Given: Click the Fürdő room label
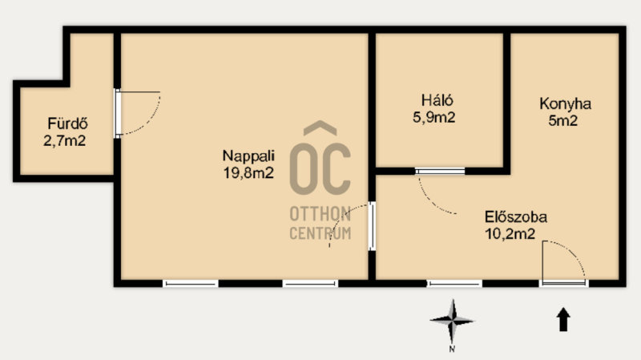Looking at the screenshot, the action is coord(67,123).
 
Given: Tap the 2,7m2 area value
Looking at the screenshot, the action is coord(65,141).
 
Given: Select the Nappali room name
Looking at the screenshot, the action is coord(248,156).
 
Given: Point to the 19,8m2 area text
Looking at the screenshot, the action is coord(248,173).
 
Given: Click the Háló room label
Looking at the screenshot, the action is coord(437,99).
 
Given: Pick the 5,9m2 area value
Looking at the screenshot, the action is coord(433,117).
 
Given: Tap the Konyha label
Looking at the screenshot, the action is coord(566,104).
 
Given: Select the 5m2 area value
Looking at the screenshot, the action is coord(563,121).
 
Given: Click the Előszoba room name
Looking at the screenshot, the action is coord(516,216).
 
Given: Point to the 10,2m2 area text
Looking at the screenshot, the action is coord(510,234).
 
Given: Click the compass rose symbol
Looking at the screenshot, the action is coord(452,322).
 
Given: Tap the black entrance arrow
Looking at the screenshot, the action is coord(563,319).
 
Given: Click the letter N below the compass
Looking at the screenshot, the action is coord(452,349).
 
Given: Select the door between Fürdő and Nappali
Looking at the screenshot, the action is coord(117,113).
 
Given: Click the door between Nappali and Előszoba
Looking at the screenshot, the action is coord(372,226).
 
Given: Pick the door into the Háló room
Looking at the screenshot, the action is coord(440,172).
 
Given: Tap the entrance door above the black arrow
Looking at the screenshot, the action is coord(564,282).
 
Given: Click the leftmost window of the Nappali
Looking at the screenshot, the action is coord(191,283).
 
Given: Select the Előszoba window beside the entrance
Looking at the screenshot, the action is coord(454,283).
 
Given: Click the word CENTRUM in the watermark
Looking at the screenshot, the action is coord(320,233).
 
